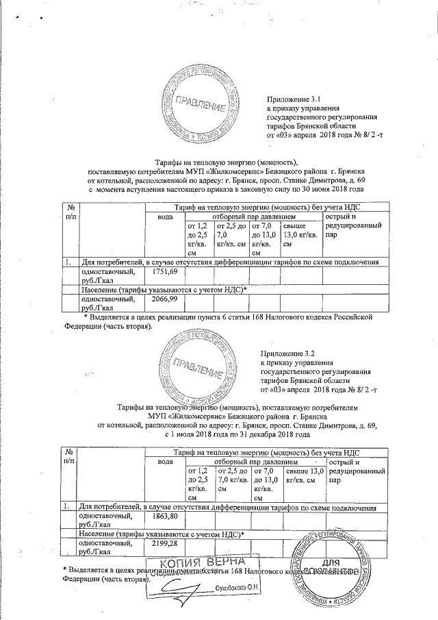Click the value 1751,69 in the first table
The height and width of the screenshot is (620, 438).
164,272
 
